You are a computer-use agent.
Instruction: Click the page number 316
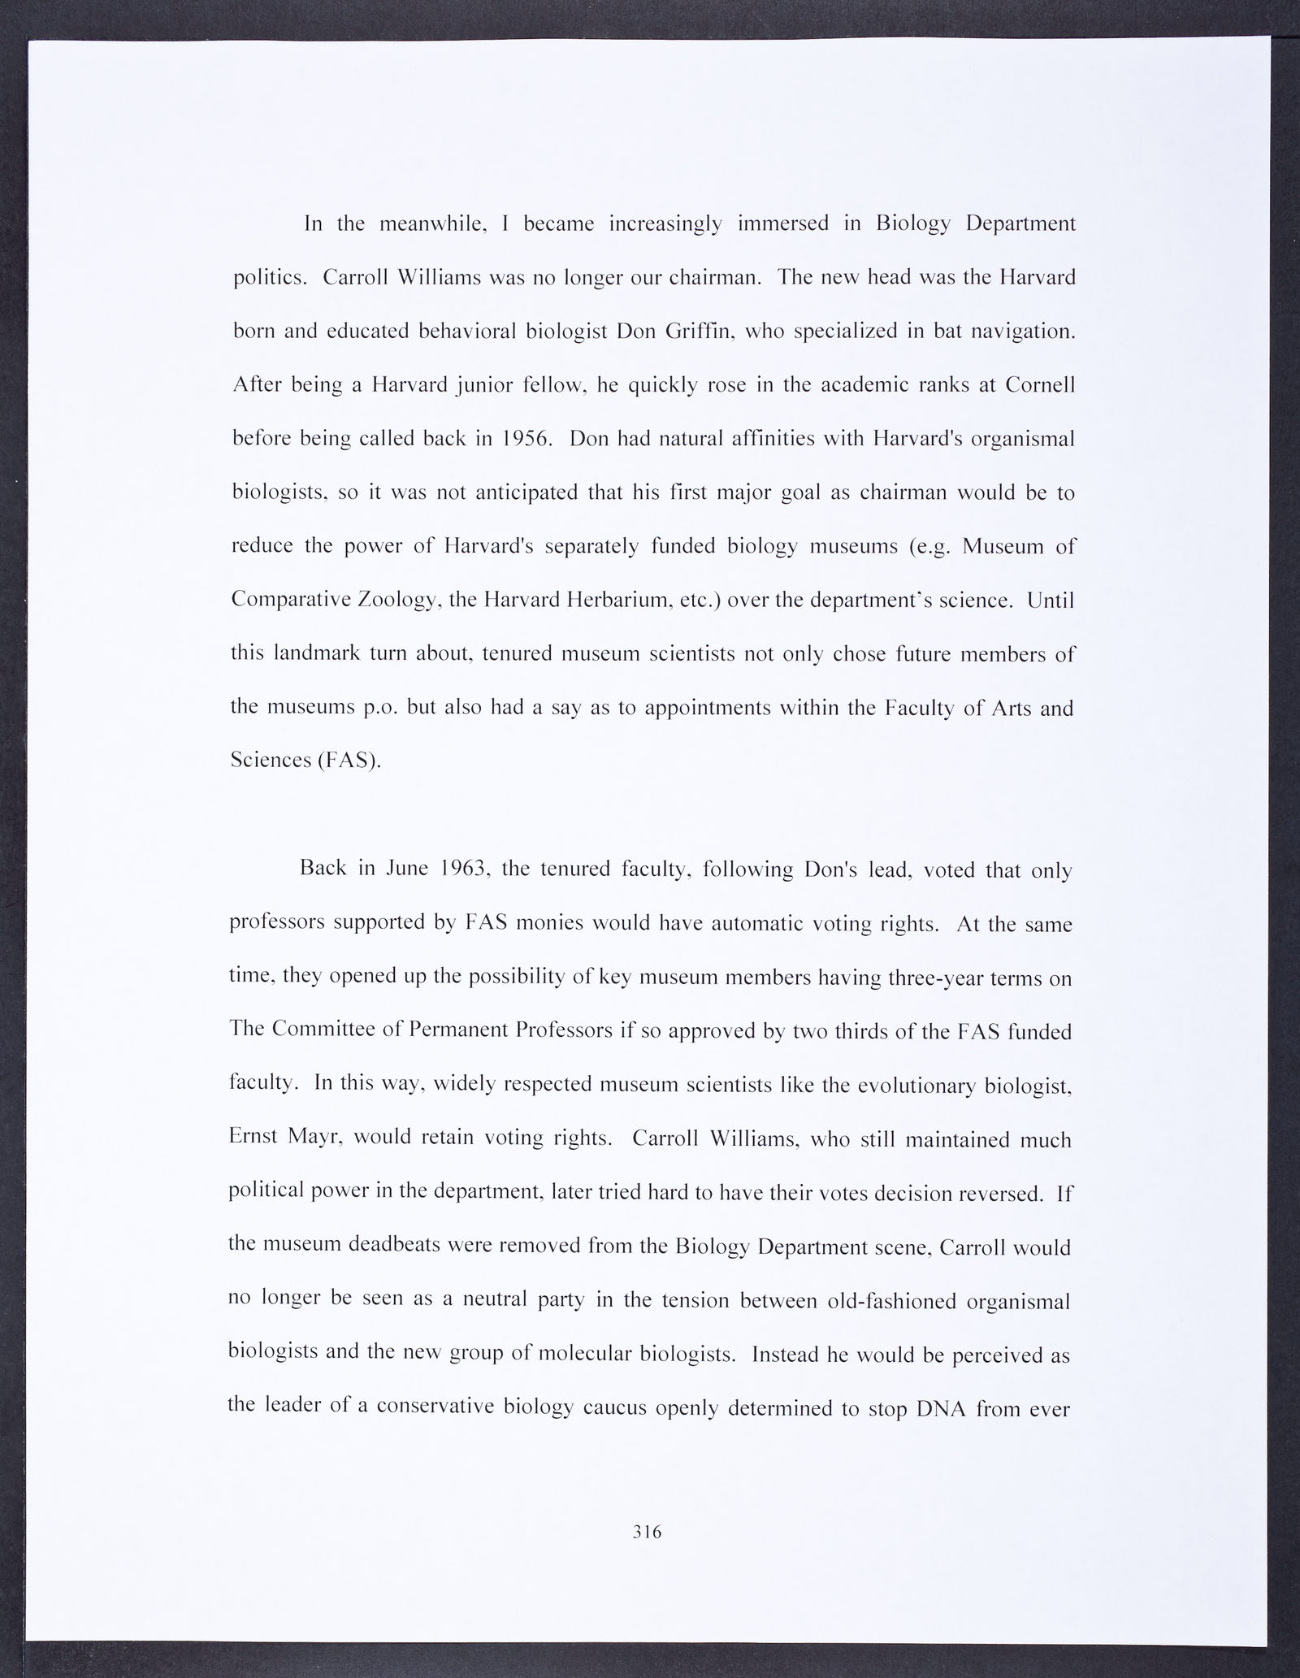click(x=647, y=1531)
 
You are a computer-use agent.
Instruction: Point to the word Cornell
click(x=1040, y=385)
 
